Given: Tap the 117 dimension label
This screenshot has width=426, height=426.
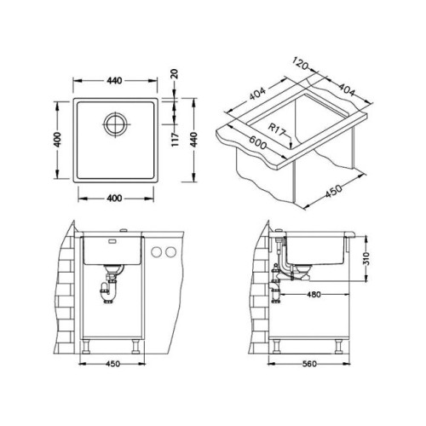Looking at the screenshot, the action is click(x=176, y=139).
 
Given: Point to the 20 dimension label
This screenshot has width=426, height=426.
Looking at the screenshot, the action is click(x=175, y=74).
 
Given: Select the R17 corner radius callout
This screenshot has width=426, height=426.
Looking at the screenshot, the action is click(x=277, y=130).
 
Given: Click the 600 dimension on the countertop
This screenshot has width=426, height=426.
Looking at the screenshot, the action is click(x=258, y=141).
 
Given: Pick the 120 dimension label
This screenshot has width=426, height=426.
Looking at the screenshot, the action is click(x=300, y=64).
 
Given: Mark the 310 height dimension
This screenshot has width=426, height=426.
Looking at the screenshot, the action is click(x=366, y=258).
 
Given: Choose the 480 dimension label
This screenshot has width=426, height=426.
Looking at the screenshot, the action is click(x=314, y=295).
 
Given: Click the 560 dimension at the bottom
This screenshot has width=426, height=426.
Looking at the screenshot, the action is click(x=309, y=364).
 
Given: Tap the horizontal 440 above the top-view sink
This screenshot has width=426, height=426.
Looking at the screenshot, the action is click(x=114, y=81).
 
